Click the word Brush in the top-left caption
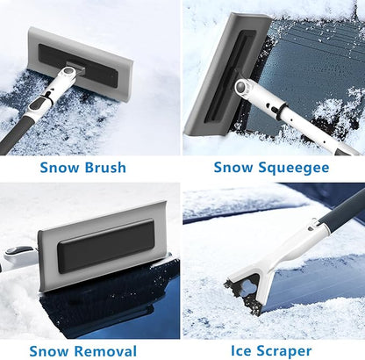tap(104, 167)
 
